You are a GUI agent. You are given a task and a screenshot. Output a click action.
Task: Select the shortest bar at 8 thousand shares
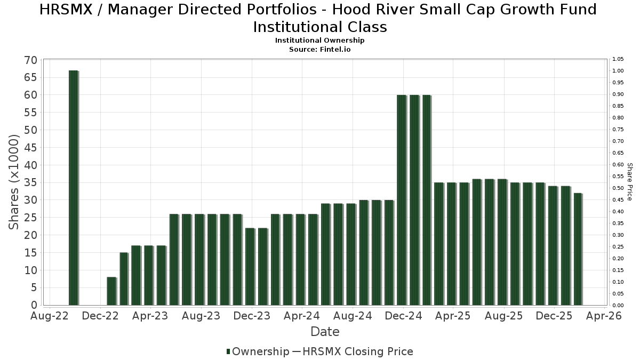click(x=111, y=291)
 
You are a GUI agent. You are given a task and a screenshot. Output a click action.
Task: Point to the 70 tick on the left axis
click(x=30, y=60)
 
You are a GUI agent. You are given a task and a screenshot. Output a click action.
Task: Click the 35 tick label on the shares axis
click(x=30, y=183)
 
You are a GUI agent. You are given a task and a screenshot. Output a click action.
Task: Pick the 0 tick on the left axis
click(x=34, y=305)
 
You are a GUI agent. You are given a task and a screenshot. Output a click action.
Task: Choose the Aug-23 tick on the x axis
click(x=201, y=316)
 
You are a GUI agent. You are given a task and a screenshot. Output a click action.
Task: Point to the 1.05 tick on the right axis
click(x=618, y=59)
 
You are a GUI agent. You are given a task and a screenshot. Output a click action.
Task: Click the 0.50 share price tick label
click(x=618, y=188)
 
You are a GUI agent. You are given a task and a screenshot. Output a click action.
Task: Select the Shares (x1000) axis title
click(x=14, y=182)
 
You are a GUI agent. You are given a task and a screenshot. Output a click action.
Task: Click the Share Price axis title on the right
click(x=630, y=182)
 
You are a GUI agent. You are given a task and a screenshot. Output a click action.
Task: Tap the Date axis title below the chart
click(x=325, y=332)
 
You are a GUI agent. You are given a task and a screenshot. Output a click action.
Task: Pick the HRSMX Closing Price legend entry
click(x=358, y=351)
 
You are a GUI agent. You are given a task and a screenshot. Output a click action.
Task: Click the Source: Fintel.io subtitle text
click(x=320, y=49)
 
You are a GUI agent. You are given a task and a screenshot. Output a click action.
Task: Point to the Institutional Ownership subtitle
click(x=320, y=41)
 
